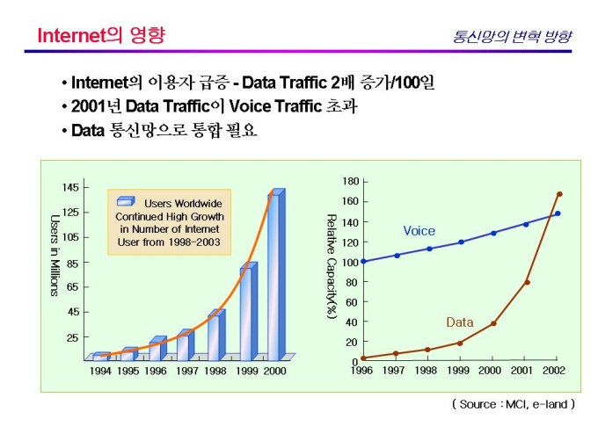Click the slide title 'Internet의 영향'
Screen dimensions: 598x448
pos(101,35)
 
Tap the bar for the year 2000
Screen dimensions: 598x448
pos(276,275)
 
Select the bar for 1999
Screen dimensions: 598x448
pos(249,311)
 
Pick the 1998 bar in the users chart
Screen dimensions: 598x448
pos(216,335)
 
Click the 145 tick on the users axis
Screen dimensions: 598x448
pos(70,187)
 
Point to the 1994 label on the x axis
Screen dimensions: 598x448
pos(100,371)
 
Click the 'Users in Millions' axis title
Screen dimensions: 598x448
pos(55,256)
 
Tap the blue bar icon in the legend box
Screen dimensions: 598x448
pos(126,201)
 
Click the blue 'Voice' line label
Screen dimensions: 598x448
pos(419,231)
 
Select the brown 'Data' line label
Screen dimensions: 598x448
pos(460,322)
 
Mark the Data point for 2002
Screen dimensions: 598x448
pos(559,194)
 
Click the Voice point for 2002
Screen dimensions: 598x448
pos(558,213)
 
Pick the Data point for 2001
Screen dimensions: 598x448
pos(527,282)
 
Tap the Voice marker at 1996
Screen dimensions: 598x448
pos(363,262)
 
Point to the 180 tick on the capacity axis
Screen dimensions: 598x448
pos(351,181)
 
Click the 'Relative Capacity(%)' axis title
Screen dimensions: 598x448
pos(332,266)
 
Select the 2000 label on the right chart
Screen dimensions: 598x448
pos(490,371)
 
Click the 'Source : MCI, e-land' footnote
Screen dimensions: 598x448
pos(514,404)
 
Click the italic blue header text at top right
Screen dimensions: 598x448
pos(512,36)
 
